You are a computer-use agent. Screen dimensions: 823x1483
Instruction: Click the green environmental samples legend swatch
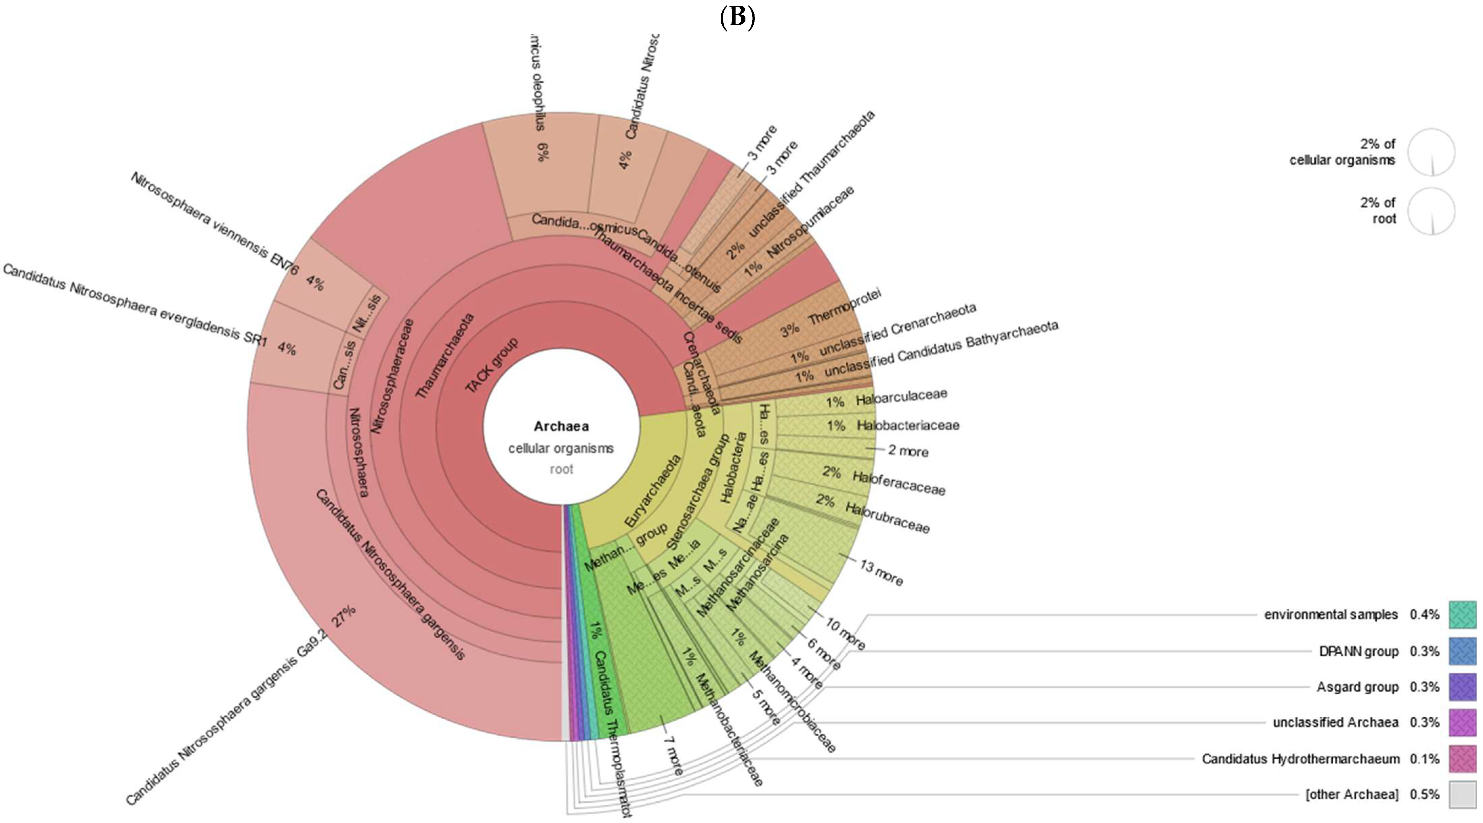[x=1462, y=614]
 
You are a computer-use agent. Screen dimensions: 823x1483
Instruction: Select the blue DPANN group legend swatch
[x=1462, y=651]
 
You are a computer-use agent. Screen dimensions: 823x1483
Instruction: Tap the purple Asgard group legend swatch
[x=1462, y=687]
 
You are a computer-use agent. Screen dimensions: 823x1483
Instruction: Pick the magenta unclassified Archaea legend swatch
[x=1462, y=722]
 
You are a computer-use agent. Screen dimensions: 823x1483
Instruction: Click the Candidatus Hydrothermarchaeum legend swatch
[x=1462, y=759]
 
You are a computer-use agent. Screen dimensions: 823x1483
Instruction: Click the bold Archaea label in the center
[x=561, y=426]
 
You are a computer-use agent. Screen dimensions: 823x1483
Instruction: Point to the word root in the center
[x=561, y=469]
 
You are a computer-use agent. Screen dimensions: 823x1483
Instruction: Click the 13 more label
[x=881, y=572]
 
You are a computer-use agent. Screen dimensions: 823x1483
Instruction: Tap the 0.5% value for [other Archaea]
[x=1424, y=794]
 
